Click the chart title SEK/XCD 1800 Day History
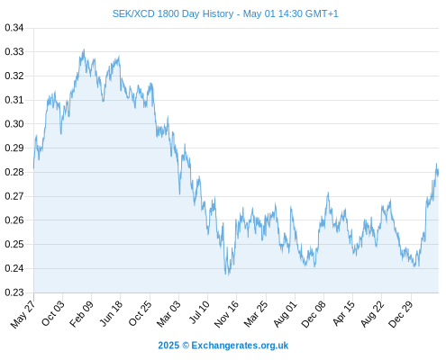pyautogui.click(x=173, y=13)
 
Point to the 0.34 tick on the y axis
pyautogui.click(x=14, y=28)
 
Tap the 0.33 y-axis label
pyautogui.click(x=14, y=51)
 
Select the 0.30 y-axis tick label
pyautogui.click(x=14, y=124)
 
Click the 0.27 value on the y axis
pyautogui.click(x=14, y=196)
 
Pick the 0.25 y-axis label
pyautogui.click(x=14, y=244)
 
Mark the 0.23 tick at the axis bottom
pyautogui.click(x=14, y=292)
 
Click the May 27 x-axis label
pyautogui.click(x=23, y=314)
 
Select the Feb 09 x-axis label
pyautogui.click(x=81, y=314)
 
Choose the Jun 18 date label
pyautogui.click(x=111, y=314)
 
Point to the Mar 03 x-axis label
pyautogui.click(x=168, y=314)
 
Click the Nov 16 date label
pyautogui.click(x=226, y=314)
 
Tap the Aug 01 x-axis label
pyautogui.click(x=285, y=314)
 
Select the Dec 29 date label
pyautogui.click(x=401, y=314)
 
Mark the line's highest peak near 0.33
pyautogui.click(x=84, y=49)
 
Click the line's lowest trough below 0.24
pyautogui.click(x=228, y=275)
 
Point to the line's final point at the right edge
pyautogui.click(x=438, y=173)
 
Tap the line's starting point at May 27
pyautogui.click(x=33, y=168)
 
